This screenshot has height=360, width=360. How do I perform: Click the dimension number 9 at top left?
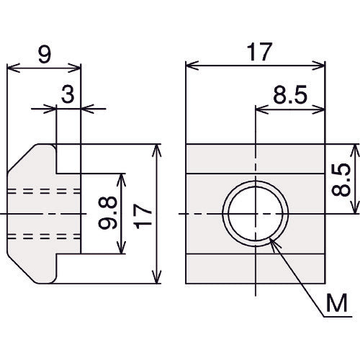[x=45, y=55]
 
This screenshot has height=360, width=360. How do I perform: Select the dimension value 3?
[x=68, y=95]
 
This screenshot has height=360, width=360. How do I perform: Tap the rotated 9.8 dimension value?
[x=108, y=212]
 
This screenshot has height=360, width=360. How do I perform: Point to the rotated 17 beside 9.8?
[x=143, y=216]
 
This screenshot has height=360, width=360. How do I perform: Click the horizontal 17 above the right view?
[x=259, y=52]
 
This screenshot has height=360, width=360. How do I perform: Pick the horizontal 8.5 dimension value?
[x=290, y=95]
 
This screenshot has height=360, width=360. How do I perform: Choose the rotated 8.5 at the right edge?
[x=341, y=180]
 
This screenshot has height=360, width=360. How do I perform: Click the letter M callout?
[x=337, y=303]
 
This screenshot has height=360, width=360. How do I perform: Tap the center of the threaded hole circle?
[x=256, y=213]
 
